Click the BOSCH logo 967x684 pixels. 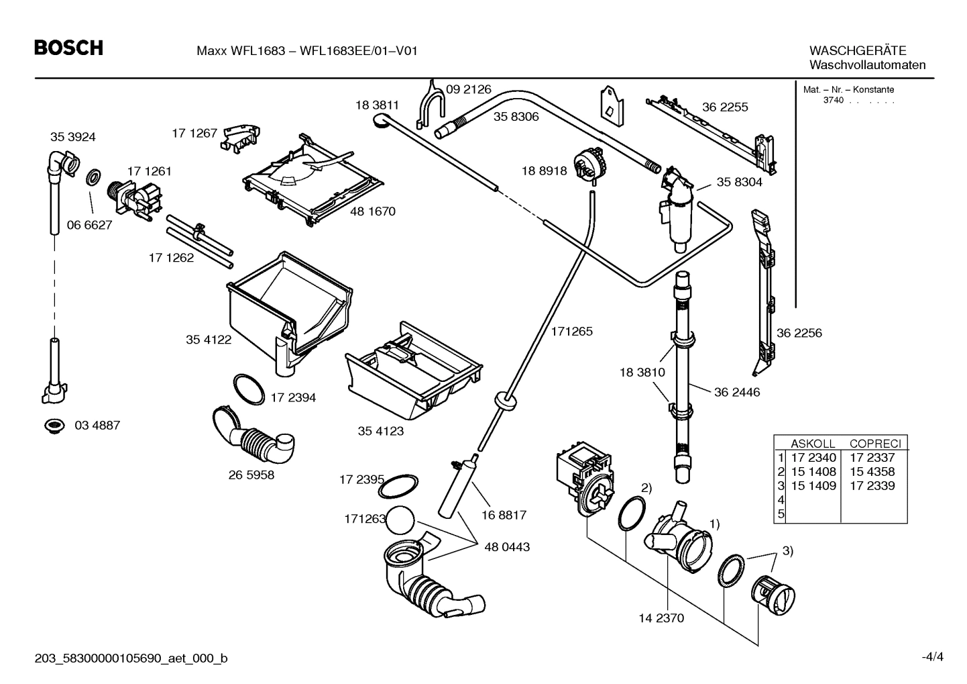pos(69,48)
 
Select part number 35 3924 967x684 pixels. pos(72,137)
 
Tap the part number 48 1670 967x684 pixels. pos(372,211)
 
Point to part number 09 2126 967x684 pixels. pos(468,89)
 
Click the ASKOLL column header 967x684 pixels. pos(813,444)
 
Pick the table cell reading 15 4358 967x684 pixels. pos(872,472)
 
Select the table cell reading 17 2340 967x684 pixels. pos(813,458)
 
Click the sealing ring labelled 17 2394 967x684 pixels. pos(249,390)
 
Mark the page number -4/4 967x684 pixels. pos(931,656)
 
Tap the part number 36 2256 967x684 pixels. pos(799,333)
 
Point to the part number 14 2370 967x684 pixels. pos(661,618)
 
